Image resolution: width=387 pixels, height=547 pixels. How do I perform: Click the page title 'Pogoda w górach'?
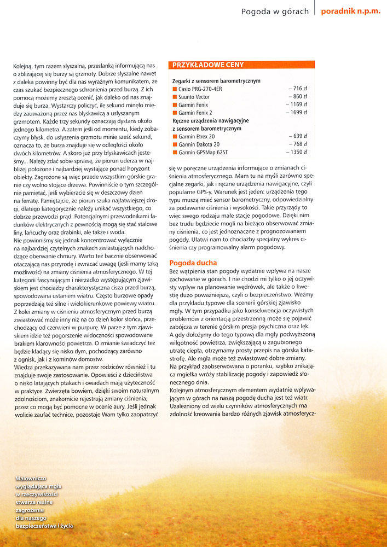point(275,11)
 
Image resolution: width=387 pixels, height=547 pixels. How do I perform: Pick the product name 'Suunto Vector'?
point(194,97)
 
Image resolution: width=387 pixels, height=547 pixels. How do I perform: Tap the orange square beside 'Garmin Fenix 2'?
point(175,113)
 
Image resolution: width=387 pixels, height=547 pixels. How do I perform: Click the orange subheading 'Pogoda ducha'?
point(193,263)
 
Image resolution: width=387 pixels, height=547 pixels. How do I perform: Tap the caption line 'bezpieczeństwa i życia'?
point(45,526)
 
